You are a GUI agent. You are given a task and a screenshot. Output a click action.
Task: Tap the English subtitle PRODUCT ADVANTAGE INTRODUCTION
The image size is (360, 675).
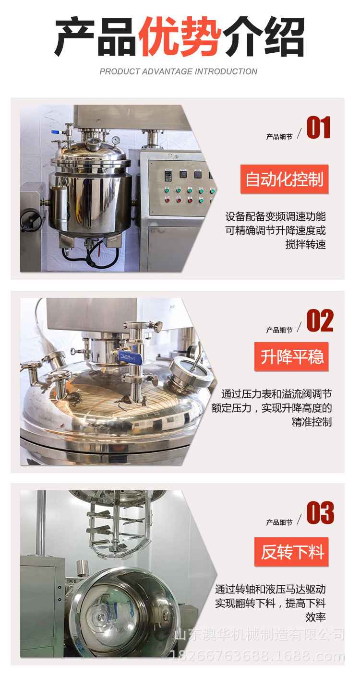[x=178, y=71]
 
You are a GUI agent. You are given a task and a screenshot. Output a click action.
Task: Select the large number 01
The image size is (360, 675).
[x=319, y=128]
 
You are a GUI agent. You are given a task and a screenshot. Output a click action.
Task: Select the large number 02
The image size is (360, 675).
[x=320, y=321]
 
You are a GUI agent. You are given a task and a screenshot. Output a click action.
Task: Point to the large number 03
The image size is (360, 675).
[x=320, y=513]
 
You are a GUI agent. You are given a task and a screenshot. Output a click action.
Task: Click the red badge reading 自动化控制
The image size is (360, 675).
[x=284, y=179]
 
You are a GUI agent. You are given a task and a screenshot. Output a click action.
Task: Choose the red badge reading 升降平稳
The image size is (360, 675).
[x=291, y=357]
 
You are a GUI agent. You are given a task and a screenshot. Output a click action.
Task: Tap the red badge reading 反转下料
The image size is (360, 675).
[x=291, y=552]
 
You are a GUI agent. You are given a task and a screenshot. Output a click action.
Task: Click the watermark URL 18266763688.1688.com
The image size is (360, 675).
[x=257, y=656]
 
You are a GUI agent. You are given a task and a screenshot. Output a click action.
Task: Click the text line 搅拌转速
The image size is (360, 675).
[x=305, y=245]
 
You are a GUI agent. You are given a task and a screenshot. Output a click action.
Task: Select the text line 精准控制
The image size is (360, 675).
[x=312, y=422]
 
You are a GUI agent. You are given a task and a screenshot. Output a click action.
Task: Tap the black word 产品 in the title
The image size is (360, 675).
[x=96, y=37]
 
